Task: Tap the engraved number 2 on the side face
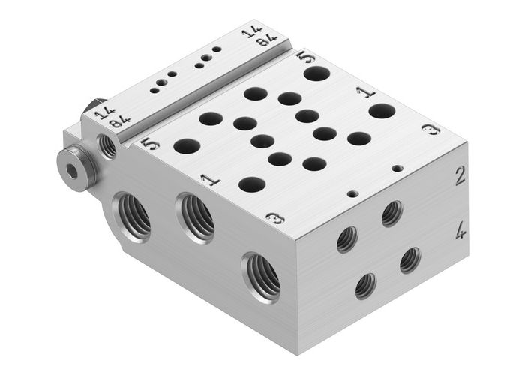pos(460,177)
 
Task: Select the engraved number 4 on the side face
pos(460,230)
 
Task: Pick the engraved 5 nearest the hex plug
pos(150,142)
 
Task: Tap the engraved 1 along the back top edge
pos(365,92)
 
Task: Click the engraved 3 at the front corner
pos(275,218)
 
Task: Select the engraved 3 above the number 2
pos(430,130)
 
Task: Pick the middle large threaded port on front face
pos(196,217)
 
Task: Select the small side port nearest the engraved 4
pos(409,259)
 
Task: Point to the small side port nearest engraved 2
pos(391,214)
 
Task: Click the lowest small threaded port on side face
pos(365,285)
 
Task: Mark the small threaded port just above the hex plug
pos(107,145)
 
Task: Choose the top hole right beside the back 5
pos(316,73)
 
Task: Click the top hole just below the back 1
pos(382,111)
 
